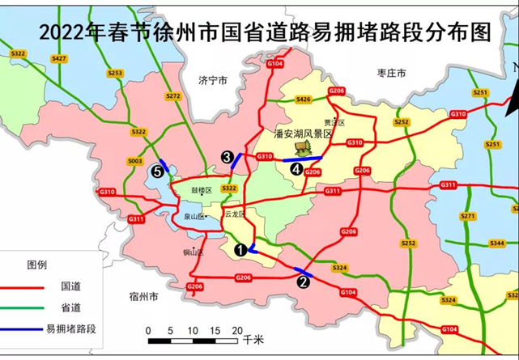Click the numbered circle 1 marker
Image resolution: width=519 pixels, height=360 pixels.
coord(240,250)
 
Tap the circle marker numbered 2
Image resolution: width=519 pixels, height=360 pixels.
coord(304,282)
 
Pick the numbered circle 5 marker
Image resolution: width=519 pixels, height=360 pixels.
coord(159,172)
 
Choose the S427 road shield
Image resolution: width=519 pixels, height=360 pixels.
coord(59,59)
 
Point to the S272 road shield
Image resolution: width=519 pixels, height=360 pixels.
coord(173,95)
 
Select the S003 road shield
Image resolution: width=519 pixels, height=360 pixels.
coord(135,161)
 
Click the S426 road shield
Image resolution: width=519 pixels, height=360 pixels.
coord(304,99)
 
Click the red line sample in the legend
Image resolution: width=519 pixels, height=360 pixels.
coord(21,286)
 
